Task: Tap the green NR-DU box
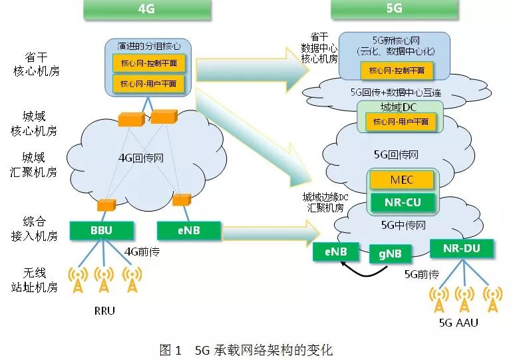[x=462, y=249]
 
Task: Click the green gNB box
[x=391, y=253]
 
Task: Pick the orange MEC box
[x=402, y=180]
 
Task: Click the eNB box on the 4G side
[x=188, y=230]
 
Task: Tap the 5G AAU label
[x=459, y=324]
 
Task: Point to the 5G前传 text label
[x=422, y=273]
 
